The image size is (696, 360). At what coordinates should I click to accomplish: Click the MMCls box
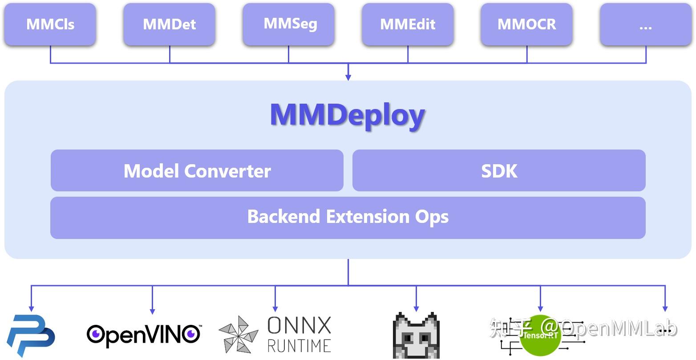tap(50, 24)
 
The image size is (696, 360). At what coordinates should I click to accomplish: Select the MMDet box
tap(170, 24)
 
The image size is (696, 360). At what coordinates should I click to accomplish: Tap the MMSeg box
tap(288, 24)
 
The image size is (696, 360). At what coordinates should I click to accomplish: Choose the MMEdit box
tap(408, 24)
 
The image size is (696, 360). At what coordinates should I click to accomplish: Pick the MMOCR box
tap(527, 24)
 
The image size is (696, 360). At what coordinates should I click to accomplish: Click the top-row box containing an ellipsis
tap(646, 24)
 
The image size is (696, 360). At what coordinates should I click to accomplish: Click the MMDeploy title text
tap(348, 115)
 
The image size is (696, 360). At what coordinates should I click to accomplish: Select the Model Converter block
tap(197, 171)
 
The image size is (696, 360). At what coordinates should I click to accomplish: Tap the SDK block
tap(499, 171)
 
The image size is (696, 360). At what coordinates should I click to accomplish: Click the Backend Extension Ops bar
tap(348, 217)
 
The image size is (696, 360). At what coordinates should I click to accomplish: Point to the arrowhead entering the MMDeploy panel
tap(348, 77)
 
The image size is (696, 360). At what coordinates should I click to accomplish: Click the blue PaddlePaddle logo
tap(30, 336)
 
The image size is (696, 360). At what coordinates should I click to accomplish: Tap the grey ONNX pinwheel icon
tap(239, 335)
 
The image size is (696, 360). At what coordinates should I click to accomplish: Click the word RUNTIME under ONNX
tap(299, 345)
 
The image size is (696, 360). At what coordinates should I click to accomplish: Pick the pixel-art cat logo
tap(416, 336)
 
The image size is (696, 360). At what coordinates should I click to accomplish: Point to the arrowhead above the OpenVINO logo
tap(152, 311)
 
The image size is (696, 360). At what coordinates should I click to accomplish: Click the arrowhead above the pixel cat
tap(416, 308)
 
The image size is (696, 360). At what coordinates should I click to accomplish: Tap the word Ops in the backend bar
tap(432, 217)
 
